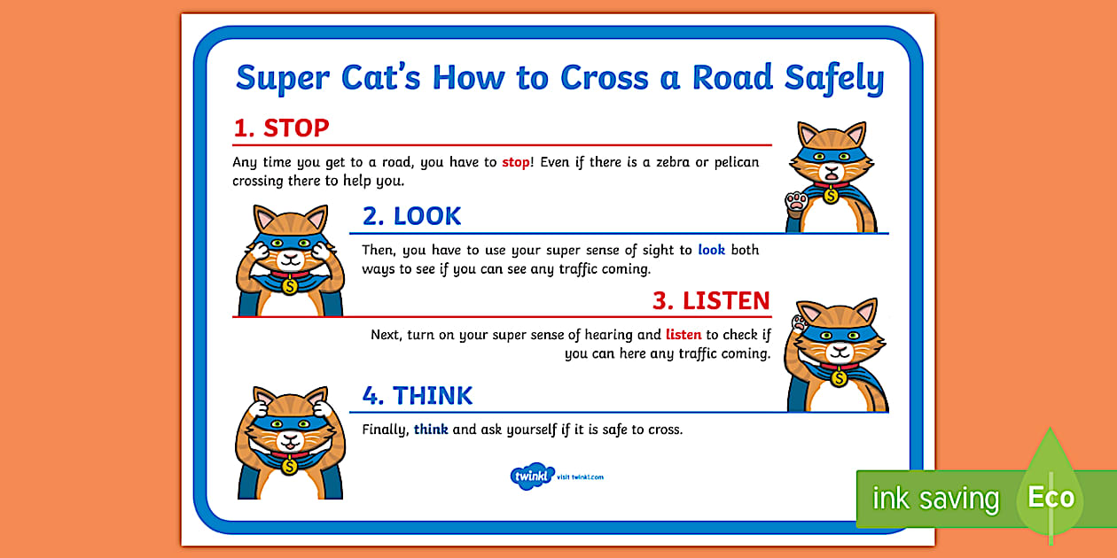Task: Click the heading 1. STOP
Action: pos(281,128)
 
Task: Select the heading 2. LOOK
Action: pos(412,216)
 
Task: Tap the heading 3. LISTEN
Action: pos(712,301)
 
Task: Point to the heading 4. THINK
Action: pos(418,396)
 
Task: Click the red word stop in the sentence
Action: pos(516,162)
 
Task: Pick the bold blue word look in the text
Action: pos(711,250)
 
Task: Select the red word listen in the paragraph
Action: pos(683,334)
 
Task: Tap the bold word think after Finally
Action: pos(431,429)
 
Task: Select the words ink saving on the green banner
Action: pos(936,498)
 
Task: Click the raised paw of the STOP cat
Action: pos(796,202)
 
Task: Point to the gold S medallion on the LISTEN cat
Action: pos(839,378)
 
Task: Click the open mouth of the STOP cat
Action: pos(832,174)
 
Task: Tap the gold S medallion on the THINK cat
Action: pos(289,466)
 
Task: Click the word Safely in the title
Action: pos(834,79)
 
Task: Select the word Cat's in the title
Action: pos(381,77)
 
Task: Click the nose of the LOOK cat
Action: pos(290,256)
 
